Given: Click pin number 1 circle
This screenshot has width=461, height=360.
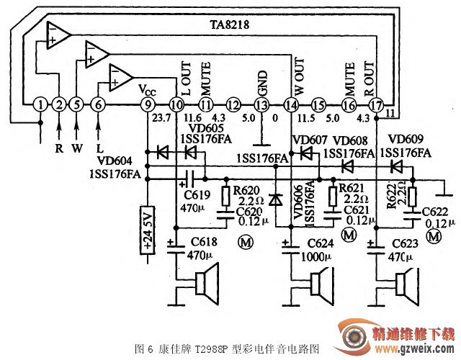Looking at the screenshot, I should (x=41, y=104).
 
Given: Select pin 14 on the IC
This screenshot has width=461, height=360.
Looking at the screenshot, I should (x=290, y=104).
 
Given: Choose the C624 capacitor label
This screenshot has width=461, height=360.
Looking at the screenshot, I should (x=320, y=243).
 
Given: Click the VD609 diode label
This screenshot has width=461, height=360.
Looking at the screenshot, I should (x=404, y=139).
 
